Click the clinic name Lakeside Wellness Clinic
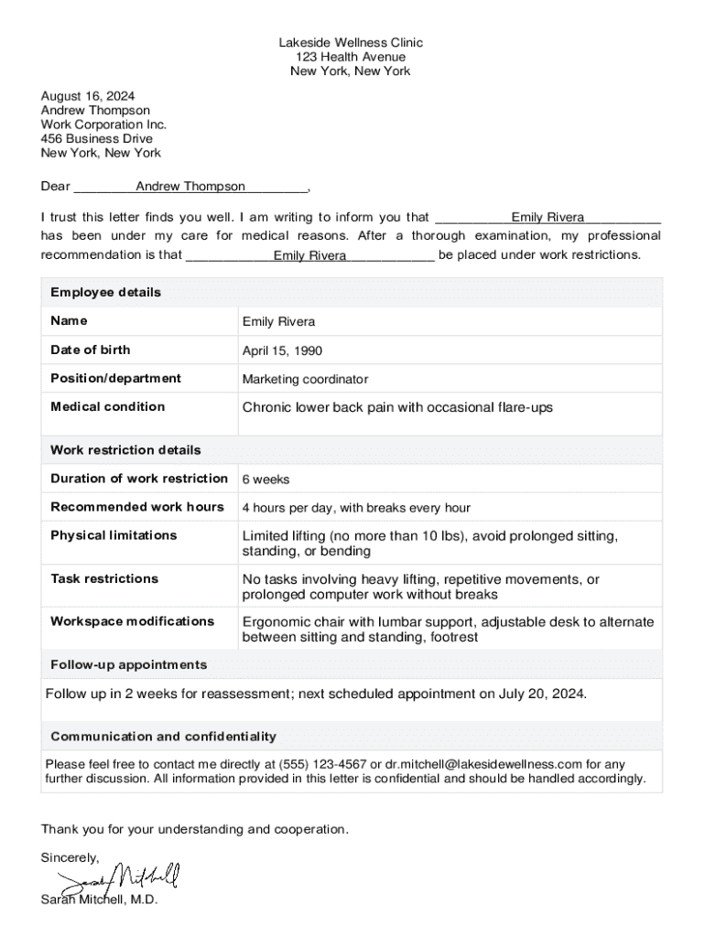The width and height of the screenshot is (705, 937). click(352, 43)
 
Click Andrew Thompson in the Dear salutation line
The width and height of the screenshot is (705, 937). click(190, 187)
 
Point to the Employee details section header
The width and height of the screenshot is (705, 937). click(105, 292)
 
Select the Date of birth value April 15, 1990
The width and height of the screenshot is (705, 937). click(282, 350)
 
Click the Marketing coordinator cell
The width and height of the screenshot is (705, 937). click(305, 379)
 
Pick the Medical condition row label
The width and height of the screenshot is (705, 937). click(108, 406)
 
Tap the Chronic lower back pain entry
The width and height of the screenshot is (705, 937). click(397, 407)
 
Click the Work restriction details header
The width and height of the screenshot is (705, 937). click(125, 450)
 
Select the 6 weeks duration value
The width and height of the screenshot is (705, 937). click(266, 479)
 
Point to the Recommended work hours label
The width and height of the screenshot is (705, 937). click(137, 507)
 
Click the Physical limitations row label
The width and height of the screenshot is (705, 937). click(114, 535)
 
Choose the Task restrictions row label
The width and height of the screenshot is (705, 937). click(104, 578)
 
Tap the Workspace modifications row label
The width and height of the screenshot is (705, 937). click(132, 621)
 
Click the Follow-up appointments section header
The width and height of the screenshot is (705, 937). click(128, 664)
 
